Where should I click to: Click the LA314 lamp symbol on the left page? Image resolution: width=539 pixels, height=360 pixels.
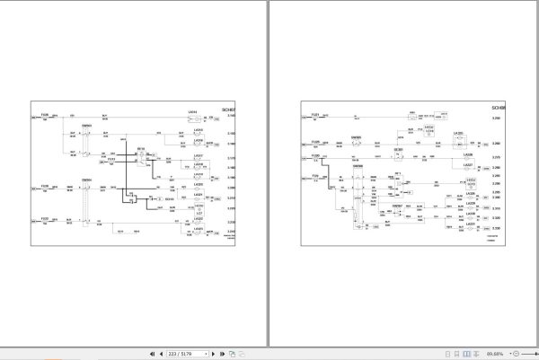tap(191, 118)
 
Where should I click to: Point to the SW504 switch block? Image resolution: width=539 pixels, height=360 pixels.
tap(87, 198)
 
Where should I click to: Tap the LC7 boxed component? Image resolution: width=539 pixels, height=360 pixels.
tap(198, 213)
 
